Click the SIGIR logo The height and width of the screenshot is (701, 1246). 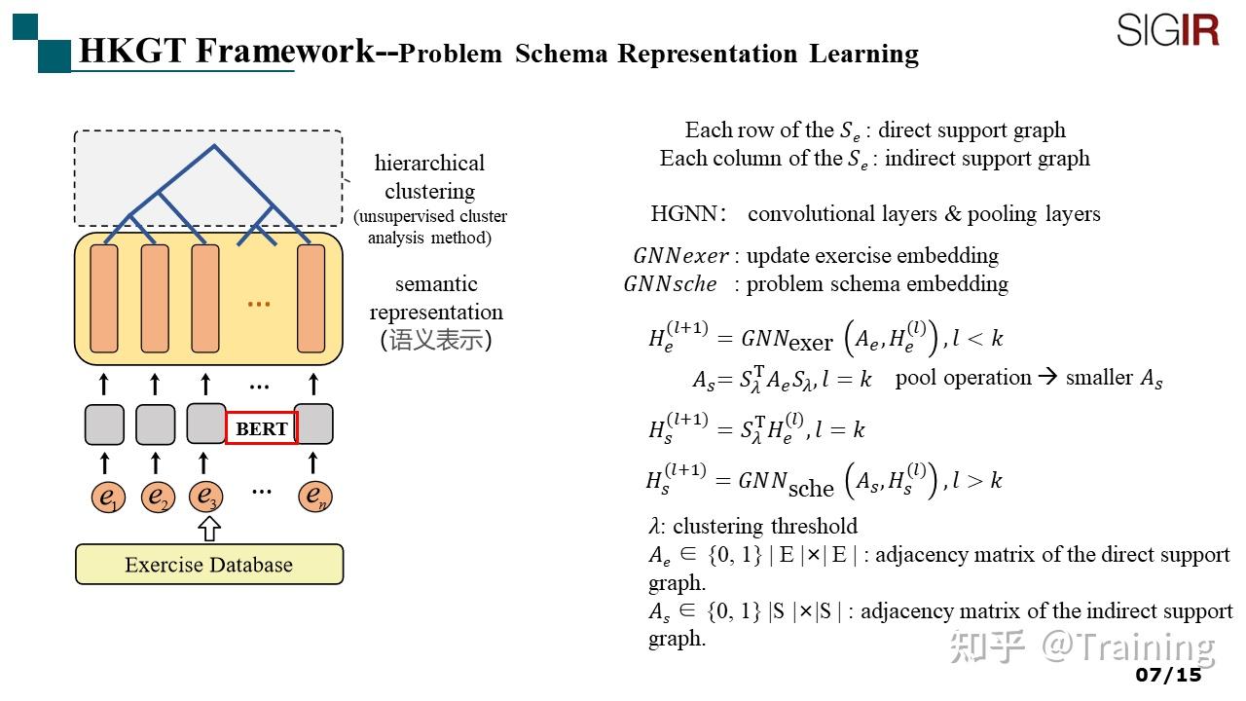pos(1167,30)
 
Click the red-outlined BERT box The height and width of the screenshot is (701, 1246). pos(261,428)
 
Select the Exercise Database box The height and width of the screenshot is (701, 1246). pos(209,565)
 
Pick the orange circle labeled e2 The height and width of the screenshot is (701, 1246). pos(156,498)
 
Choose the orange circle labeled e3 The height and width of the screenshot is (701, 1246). pos(205,497)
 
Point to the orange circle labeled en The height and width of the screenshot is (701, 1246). pos(314,497)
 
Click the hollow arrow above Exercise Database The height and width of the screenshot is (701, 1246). pos(209,530)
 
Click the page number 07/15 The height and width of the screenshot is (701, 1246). pos(1168,675)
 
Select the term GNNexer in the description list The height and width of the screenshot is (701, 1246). pos(680,256)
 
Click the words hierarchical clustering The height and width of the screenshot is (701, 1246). pos(429,176)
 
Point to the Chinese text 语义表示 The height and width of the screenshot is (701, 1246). pos(435,341)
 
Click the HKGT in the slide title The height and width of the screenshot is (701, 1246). pos(131,51)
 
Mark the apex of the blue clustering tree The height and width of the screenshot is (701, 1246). pos(214,147)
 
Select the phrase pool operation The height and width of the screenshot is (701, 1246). pos(963,378)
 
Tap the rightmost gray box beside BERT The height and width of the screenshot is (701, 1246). pos(314,424)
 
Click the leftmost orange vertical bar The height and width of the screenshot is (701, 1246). pos(104,299)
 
